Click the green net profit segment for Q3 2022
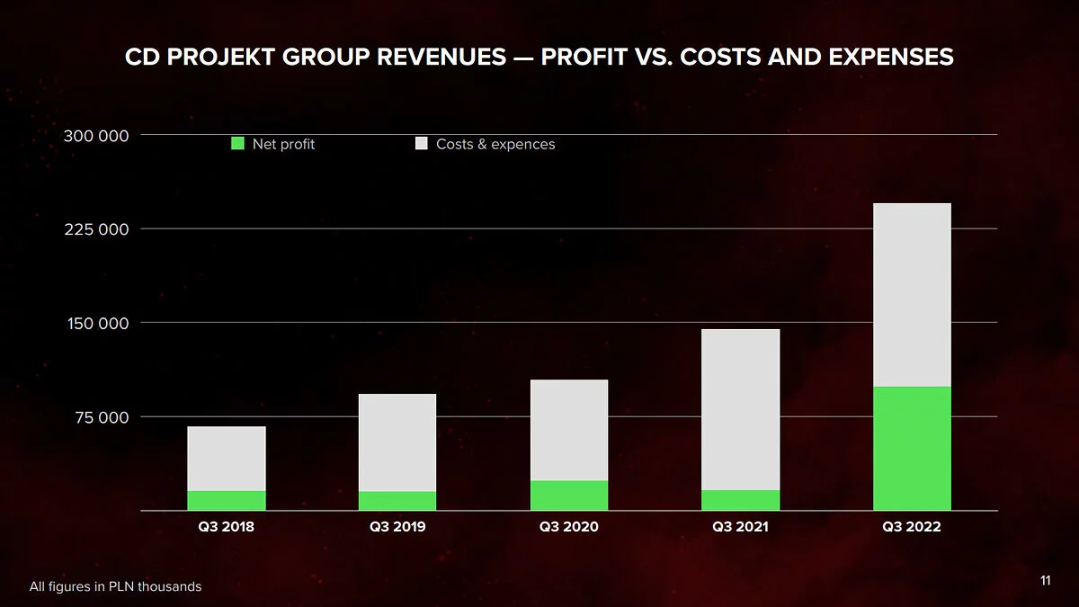912,448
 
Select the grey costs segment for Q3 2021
740,409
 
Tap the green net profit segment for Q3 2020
568,495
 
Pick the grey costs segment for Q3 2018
227,459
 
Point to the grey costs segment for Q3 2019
397,442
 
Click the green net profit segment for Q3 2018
227,501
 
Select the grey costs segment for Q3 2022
912,295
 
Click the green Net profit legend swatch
237,144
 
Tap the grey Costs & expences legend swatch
421,144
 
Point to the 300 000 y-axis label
96,136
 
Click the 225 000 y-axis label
96,229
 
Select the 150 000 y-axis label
96,323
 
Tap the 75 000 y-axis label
100,417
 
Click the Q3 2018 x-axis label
226,527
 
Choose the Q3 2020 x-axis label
568,527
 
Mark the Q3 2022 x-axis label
912,527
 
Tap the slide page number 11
1045,581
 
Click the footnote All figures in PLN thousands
115,586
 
